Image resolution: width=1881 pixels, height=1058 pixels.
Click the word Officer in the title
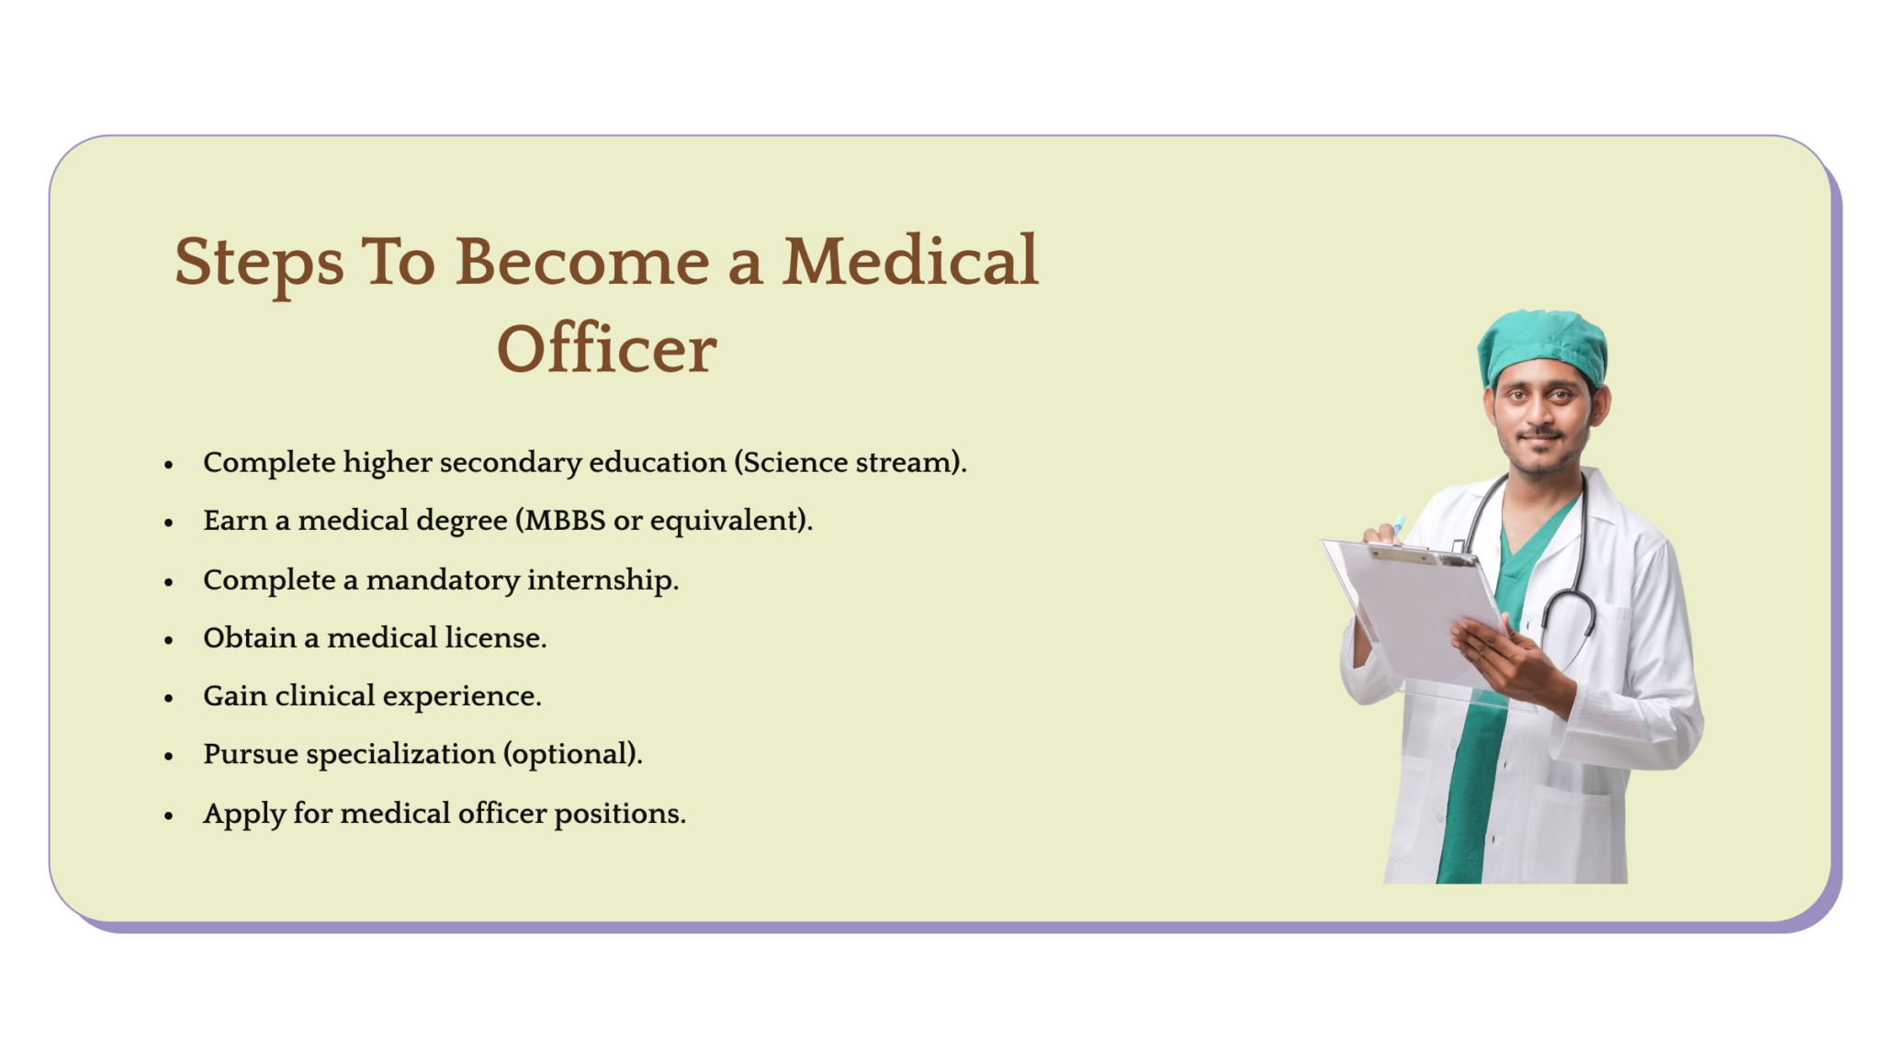coord(606,350)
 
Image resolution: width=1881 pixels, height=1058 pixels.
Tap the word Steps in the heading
coord(259,263)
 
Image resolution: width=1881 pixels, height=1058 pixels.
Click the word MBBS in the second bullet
coord(565,521)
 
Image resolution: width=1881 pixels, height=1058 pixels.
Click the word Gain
coord(235,696)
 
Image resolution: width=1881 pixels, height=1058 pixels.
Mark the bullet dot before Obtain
coord(169,640)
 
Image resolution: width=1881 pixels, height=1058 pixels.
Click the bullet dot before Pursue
coord(169,757)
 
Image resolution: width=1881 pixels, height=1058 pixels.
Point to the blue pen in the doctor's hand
coord(1398,525)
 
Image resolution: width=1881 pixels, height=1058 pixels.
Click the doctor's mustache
coord(1540,433)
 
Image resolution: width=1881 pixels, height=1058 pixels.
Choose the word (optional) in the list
coord(572,755)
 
